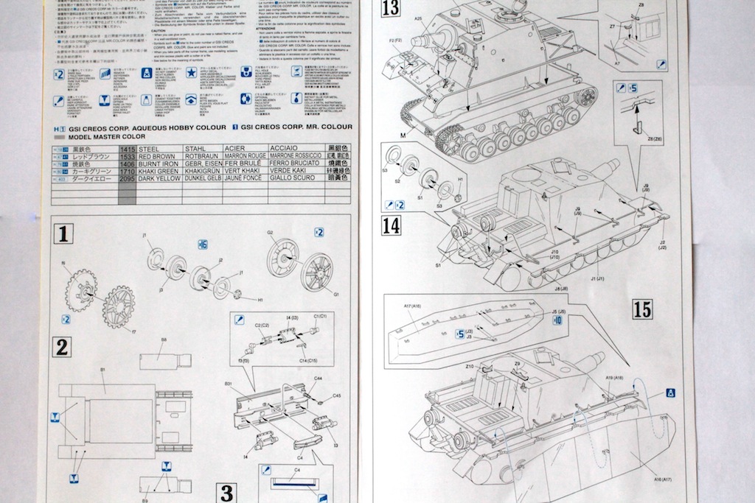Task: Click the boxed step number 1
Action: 63,234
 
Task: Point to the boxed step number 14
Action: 391,225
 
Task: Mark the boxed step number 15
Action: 642,309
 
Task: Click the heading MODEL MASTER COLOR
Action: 107,137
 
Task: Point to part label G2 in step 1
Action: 271,233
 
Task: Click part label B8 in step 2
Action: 163,340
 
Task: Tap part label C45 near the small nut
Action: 337,395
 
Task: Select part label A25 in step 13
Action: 417,18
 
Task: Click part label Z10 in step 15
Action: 469,366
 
